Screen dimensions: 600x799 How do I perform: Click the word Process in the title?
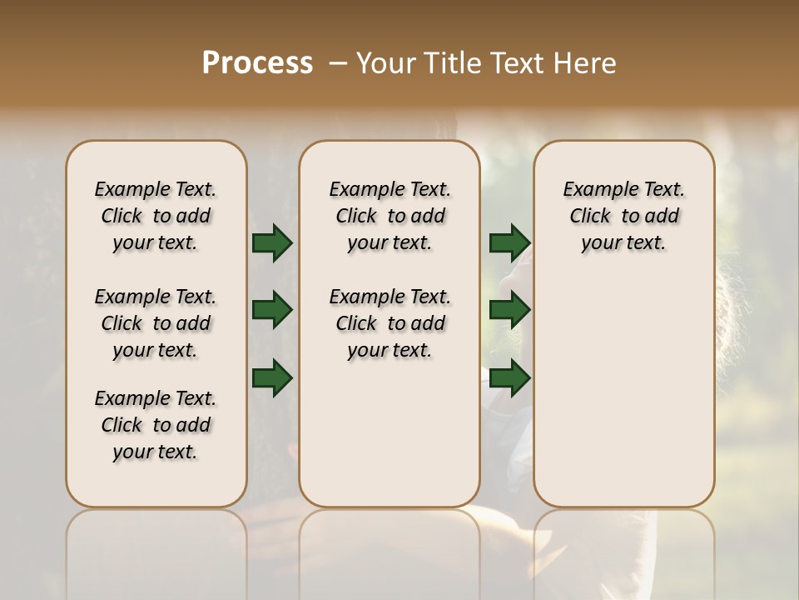pyautogui.click(x=257, y=63)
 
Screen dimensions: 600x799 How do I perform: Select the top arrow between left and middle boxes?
pyautogui.click(x=272, y=243)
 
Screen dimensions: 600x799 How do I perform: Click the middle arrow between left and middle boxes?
pyautogui.click(x=272, y=311)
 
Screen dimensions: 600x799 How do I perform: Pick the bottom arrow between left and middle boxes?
pyautogui.click(x=272, y=377)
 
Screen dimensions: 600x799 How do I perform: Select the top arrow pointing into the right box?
pyautogui.click(x=509, y=243)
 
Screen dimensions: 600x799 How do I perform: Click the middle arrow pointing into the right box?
pyautogui.click(x=509, y=311)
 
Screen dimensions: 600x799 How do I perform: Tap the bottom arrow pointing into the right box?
pyautogui.click(x=509, y=377)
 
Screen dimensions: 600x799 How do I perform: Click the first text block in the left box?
pyautogui.click(x=156, y=216)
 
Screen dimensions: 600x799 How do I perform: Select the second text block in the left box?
pyautogui.click(x=156, y=323)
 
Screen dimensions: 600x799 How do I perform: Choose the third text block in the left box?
pyautogui.click(x=156, y=425)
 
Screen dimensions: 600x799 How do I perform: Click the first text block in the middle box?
pyautogui.click(x=390, y=216)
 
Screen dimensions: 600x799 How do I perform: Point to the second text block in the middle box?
pyautogui.click(x=390, y=323)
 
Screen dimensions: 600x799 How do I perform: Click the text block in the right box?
pyautogui.click(x=623, y=216)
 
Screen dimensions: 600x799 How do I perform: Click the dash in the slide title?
pyautogui.click(x=338, y=63)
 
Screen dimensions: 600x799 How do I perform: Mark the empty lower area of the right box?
pyautogui.click(x=623, y=392)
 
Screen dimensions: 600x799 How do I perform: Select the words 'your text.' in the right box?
pyautogui.click(x=623, y=243)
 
